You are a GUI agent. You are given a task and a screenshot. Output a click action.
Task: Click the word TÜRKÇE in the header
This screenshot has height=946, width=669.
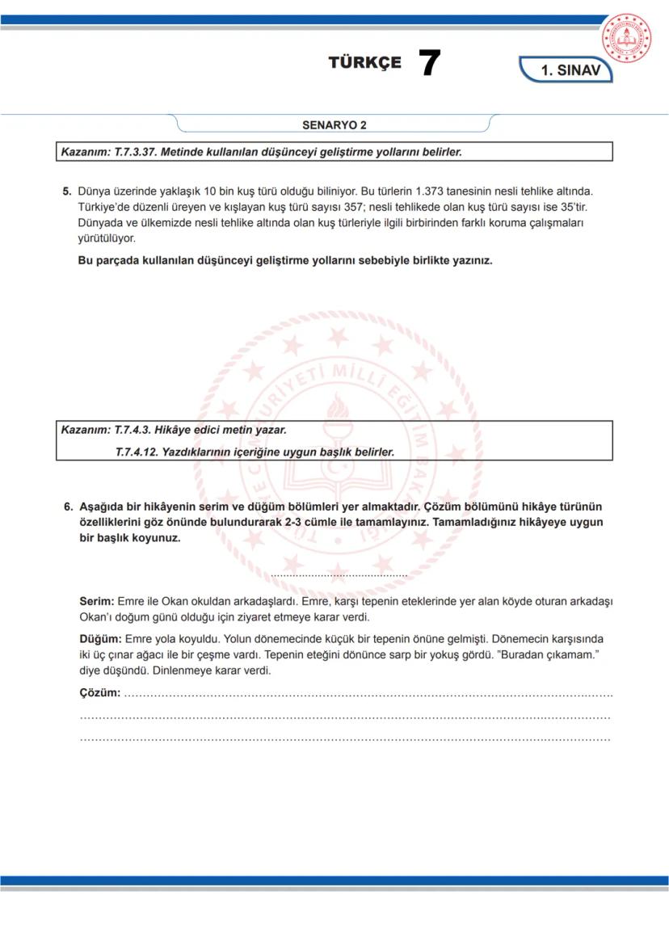(x=364, y=64)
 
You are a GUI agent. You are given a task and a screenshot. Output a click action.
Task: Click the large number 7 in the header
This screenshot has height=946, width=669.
(x=429, y=64)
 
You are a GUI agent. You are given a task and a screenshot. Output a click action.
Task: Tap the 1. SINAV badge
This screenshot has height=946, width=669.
(x=569, y=70)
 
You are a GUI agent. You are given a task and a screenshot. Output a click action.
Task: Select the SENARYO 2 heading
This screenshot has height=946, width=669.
(x=334, y=125)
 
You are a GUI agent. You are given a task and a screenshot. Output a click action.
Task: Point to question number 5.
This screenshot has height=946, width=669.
(x=68, y=191)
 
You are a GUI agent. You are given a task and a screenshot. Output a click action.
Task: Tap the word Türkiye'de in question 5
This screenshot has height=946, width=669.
(x=104, y=207)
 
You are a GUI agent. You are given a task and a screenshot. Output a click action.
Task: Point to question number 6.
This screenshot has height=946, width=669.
(x=69, y=507)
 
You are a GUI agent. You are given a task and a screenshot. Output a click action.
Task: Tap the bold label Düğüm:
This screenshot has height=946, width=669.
(x=101, y=639)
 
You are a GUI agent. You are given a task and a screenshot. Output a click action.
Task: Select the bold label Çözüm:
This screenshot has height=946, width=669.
(x=100, y=693)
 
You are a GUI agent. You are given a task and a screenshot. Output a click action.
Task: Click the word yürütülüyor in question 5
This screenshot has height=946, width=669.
(x=107, y=238)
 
